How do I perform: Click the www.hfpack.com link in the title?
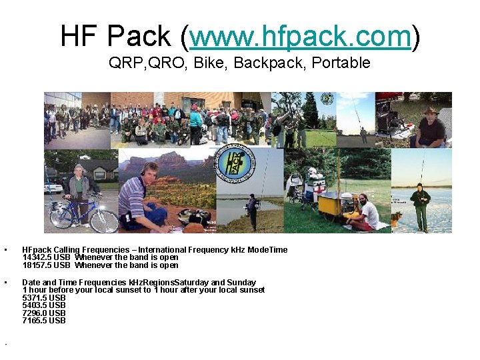pyautogui.click(x=299, y=37)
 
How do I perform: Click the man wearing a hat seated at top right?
pyautogui.click(x=429, y=127)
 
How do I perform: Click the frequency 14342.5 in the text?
pyautogui.click(x=37, y=257)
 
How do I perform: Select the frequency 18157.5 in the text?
pyautogui.click(x=37, y=265)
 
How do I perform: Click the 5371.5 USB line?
pyautogui.click(x=44, y=298)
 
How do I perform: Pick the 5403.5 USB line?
pyautogui.click(x=44, y=305)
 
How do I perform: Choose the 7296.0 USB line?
pyautogui.click(x=44, y=313)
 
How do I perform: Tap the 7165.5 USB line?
pyautogui.click(x=44, y=321)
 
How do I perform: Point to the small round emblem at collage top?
pyautogui.click(x=327, y=99)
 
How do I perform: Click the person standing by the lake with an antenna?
pyautogui.click(x=251, y=210)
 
